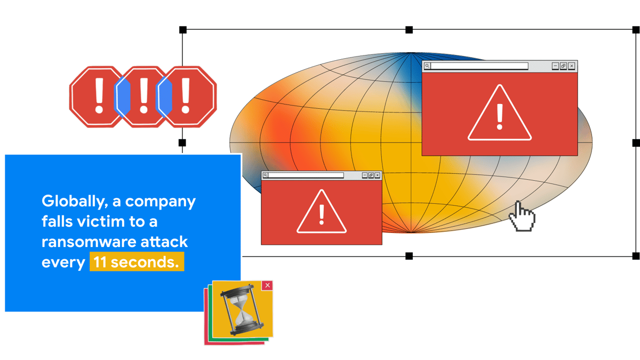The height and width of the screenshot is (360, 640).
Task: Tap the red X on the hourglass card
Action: click(x=268, y=286)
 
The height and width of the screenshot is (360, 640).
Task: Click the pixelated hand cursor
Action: click(x=522, y=216)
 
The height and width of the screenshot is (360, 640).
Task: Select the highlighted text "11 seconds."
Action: click(x=137, y=262)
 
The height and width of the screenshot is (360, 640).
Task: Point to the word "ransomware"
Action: click(x=89, y=242)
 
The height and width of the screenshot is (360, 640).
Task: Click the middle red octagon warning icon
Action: click(x=142, y=97)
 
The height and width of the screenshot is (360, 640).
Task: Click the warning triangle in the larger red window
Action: click(x=500, y=115)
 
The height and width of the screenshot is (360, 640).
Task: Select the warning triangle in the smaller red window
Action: click(x=322, y=213)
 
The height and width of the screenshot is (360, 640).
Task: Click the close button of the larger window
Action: click(x=572, y=66)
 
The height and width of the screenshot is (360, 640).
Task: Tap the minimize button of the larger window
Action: click(x=555, y=66)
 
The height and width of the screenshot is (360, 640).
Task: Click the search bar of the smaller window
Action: click(x=306, y=175)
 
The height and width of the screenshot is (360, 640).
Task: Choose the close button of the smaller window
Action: click(x=378, y=175)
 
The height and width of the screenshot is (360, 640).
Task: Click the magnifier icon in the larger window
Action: click(x=427, y=66)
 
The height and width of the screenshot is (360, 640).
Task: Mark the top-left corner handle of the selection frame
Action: click(x=183, y=30)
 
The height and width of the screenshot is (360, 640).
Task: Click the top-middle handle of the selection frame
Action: click(x=409, y=30)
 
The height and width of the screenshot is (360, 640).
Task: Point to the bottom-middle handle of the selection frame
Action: click(x=409, y=256)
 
